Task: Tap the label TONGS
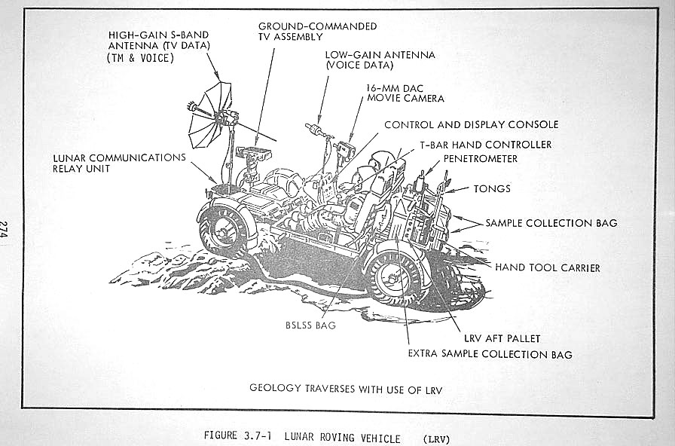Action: (x=491, y=188)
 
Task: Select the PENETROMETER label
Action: (x=481, y=159)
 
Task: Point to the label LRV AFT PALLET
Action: (x=502, y=339)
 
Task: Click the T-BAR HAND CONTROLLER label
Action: (x=486, y=145)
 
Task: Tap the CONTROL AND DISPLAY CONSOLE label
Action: (x=471, y=124)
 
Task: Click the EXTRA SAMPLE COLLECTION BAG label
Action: (x=490, y=354)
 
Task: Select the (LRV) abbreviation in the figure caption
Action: (x=436, y=438)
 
